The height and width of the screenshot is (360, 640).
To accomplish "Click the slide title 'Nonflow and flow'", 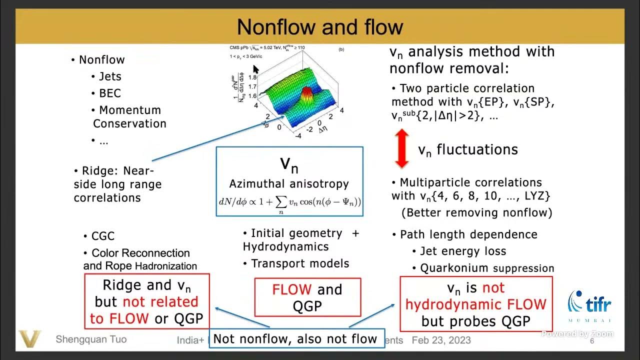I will click(320, 27).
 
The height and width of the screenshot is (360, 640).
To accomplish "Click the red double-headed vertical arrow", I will click(401, 149).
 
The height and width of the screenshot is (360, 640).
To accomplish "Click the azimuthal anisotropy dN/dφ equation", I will click(289, 202).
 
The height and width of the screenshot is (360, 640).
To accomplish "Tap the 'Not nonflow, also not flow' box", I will click(295, 339).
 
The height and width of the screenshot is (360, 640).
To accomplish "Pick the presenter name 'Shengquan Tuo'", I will click(91, 339).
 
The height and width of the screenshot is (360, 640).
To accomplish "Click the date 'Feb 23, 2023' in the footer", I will click(441, 340).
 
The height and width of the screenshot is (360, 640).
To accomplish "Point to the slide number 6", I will click(592, 341).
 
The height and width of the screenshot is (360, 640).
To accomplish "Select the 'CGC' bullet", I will click(103, 236).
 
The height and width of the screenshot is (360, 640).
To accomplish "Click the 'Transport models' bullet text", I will click(300, 263).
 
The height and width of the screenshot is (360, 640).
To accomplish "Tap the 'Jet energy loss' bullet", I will click(463, 251).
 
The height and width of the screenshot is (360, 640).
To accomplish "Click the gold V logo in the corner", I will click(30, 339).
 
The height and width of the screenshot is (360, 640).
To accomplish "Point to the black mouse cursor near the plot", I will click(256, 69).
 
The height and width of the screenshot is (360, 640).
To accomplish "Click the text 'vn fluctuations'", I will click(467, 149).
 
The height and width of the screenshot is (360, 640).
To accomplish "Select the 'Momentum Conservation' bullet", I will click(129, 116).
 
